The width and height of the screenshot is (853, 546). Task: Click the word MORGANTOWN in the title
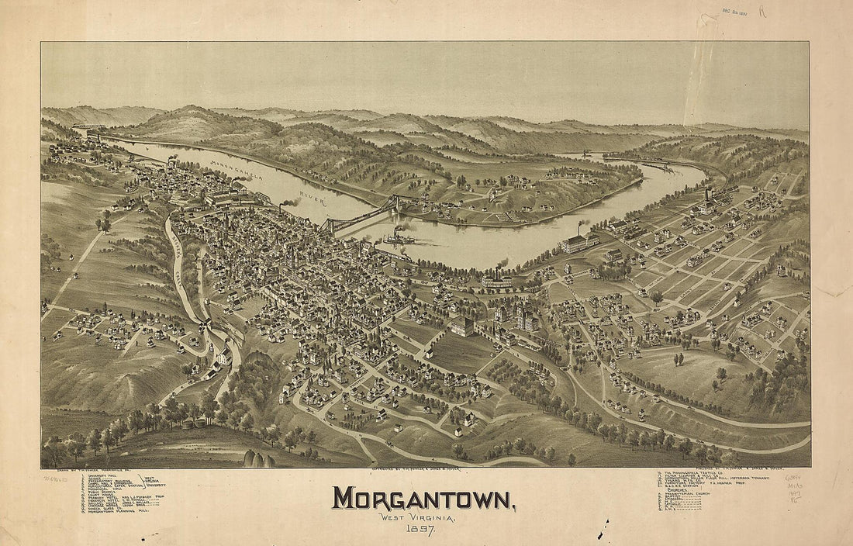[x=423, y=498]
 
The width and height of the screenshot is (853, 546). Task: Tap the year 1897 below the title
[x=420, y=529]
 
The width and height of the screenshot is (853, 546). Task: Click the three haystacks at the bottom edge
[x=259, y=458]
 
